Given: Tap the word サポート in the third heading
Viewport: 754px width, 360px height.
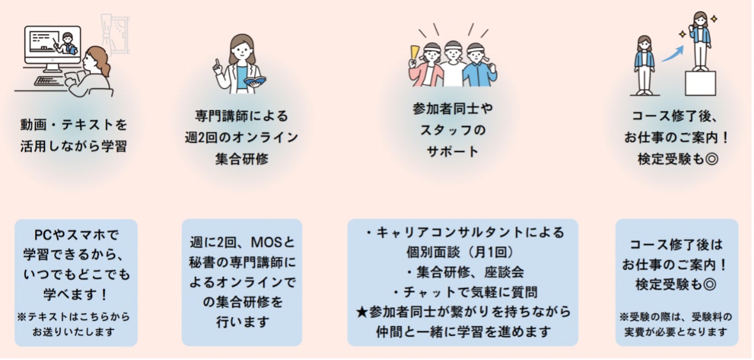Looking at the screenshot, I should (453, 151).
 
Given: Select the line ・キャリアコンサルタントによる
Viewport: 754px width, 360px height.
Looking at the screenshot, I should (463, 233).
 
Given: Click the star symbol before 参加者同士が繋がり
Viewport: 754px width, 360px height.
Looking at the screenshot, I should (362, 312).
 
